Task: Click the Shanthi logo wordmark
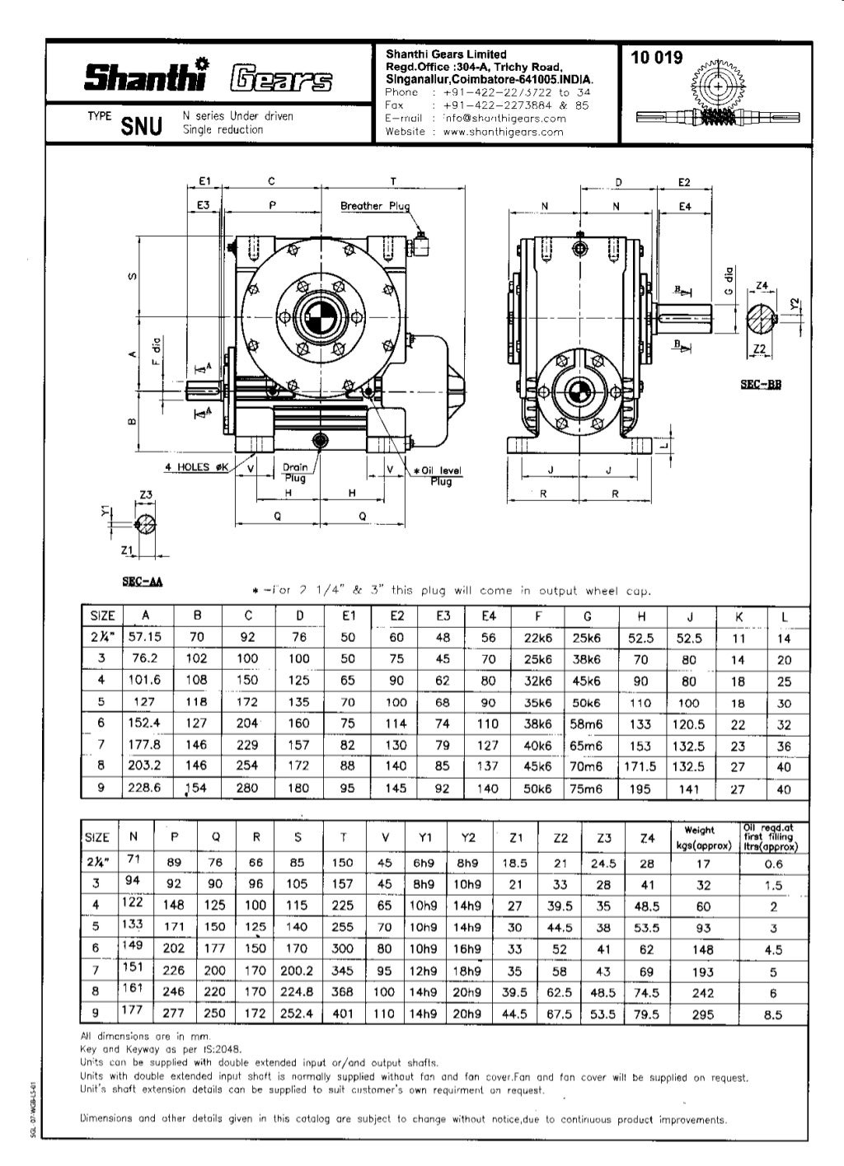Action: (x=143, y=77)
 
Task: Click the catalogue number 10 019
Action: (x=657, y=58)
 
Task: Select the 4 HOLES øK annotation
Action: (x=195, y=467)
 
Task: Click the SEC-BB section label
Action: (x=762, y=385)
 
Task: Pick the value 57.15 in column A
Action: (x=145, y=637)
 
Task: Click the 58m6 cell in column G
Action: (x=587, y=723)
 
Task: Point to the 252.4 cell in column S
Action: (x=297, y=1013)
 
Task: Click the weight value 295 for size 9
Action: (x=702, y=1014)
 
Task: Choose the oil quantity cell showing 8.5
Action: (x=772, y=1014)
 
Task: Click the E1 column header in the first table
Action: (x=347, y=616)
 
